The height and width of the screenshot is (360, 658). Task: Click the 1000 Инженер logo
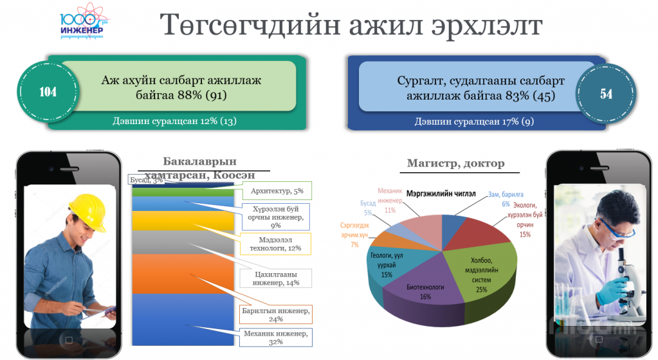click(x=84, y=22)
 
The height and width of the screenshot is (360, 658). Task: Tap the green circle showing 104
click(x=48, y=92)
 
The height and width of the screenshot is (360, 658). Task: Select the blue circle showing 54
click(x=606, y=94)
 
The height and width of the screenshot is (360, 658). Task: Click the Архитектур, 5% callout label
click(x=277, y=191)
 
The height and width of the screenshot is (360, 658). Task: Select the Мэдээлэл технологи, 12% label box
click(x=276, y=244)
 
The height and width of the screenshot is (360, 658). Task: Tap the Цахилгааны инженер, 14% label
click(x=276, y=278)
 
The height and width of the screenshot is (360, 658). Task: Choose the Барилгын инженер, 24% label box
click(x=276, y=315)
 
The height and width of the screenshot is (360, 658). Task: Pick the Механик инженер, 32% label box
click(x=276, y=337)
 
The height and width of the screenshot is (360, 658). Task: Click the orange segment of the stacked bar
click(x=183, y=274)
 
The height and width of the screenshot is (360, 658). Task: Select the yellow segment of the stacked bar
click(x=183, y=221)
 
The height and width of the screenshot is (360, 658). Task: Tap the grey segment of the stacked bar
click(x=183, y=242)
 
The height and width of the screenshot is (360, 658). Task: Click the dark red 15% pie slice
click(x=479, y=233)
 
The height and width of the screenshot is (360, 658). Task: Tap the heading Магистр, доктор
click(x=456, y=163)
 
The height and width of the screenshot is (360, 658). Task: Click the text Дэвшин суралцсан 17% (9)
click(x=474, y=122)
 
